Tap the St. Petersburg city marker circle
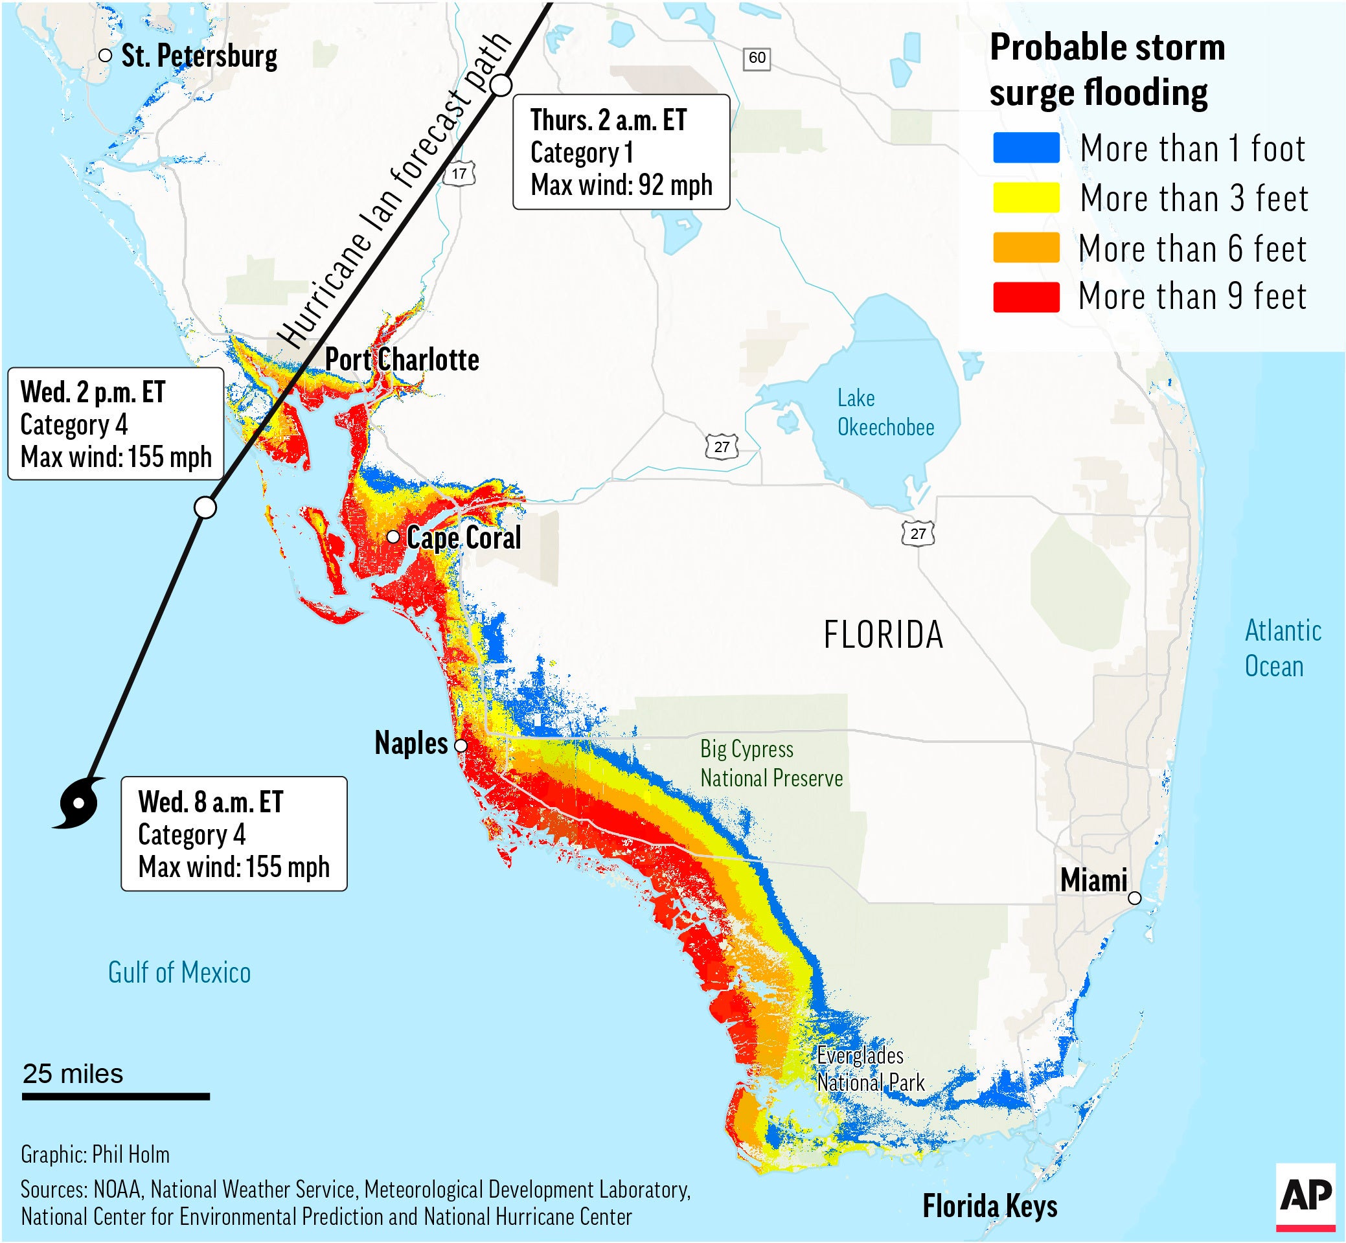click(x=105, y=56)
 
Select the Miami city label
click(x=1093, y=880)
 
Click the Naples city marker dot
click(x=461, y=746)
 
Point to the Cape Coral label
click(x=464, y=538)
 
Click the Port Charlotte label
click(x=402, y=360)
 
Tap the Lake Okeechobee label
click(x=885, y=413)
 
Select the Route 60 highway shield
click(x=757, y=58)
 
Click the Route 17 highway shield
click(x=459, y=174)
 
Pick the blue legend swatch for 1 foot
click(x=1026, y=148)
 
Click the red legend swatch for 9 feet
click(x=1026, y=297)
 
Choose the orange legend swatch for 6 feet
click(x=1026, y=247)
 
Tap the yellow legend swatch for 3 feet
click(x=1026, y=198)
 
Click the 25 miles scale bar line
click(x=116, y=1097)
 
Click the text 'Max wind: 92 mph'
click(x=621, y=185)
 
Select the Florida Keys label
click(x=990, y=1206)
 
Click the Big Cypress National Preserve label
click(x=771, y=764)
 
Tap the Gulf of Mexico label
click(x=179, y=973)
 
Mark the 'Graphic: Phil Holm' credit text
click(x=95, y=1154)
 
